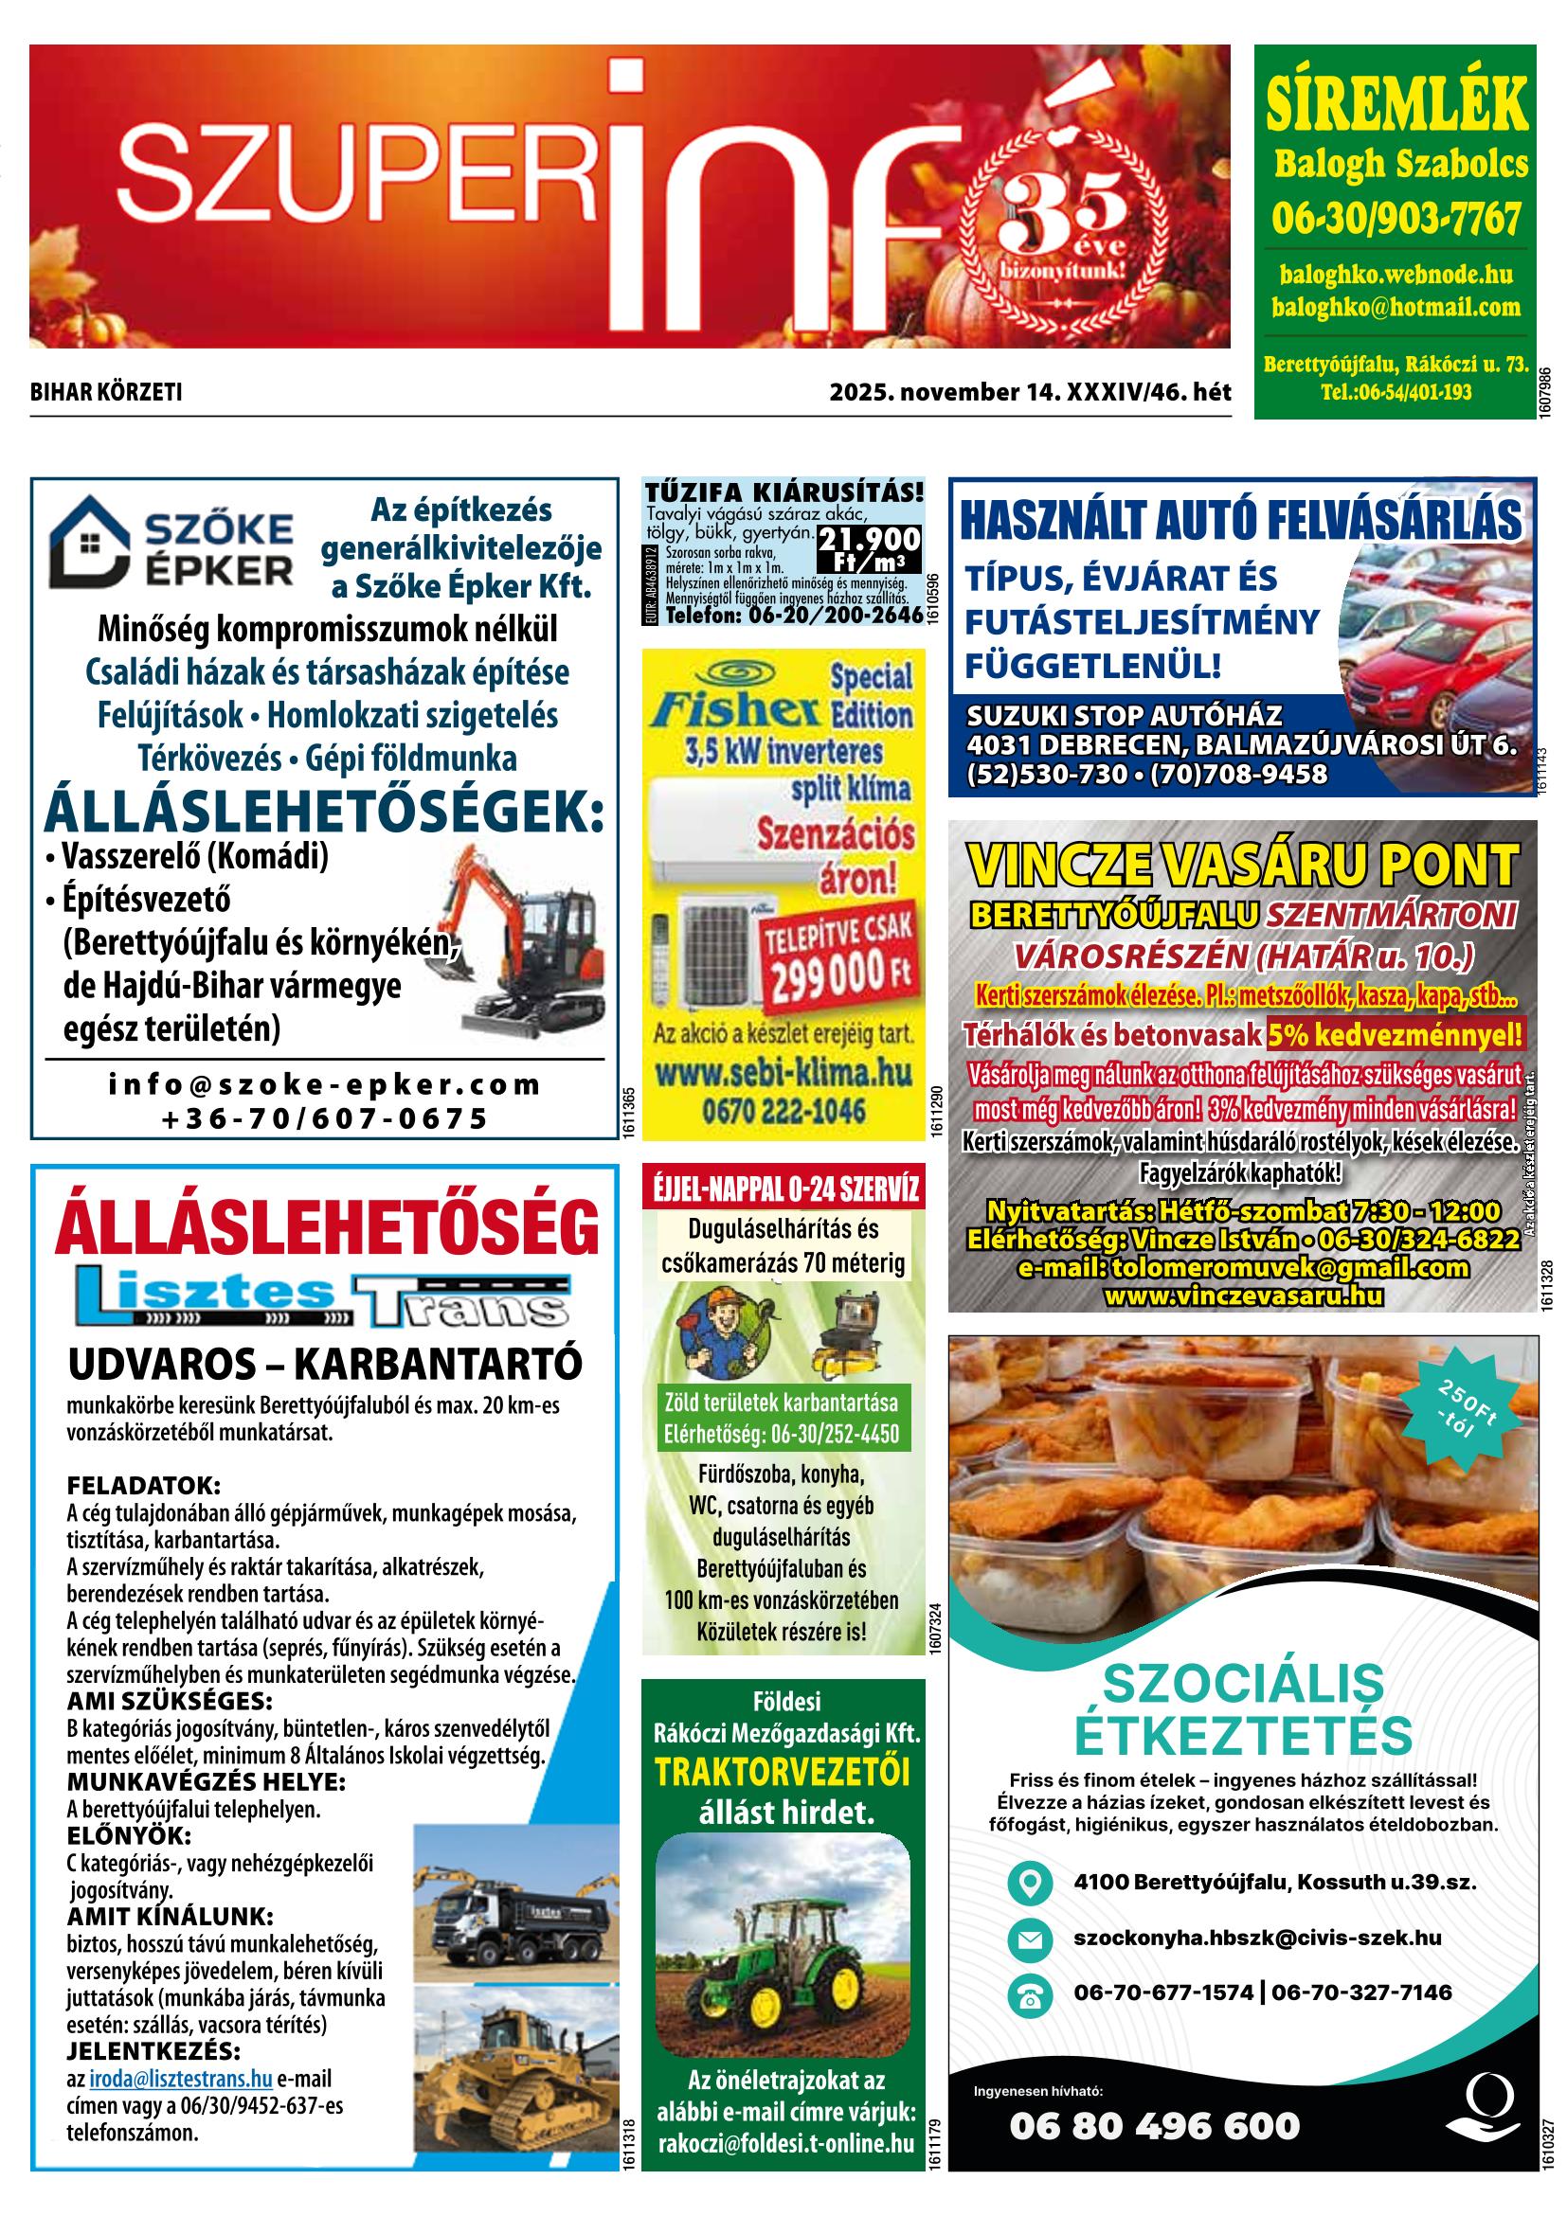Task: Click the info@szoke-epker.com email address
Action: (324, 1085)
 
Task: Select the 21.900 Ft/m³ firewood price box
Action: (868, 548)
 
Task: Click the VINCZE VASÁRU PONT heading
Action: (1242, 865)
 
